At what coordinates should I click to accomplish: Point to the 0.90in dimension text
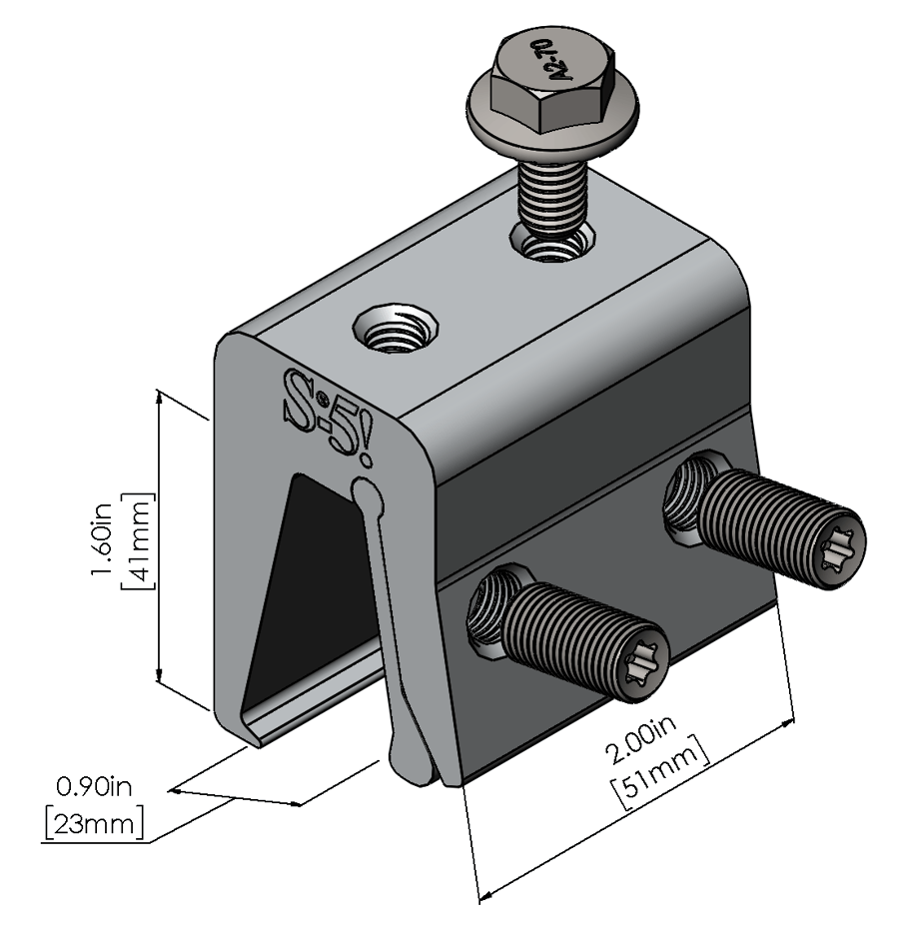[96, 788]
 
